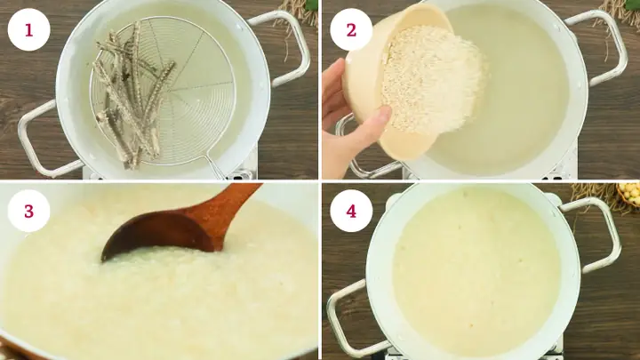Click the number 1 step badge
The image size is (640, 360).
pyautogui.click(x=28, y=29)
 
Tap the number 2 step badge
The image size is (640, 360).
pyautogui.click(x=350, y=29)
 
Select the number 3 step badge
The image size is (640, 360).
pyautogui.click(x=28, y=212)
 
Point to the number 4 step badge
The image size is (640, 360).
pyautogui.click(x=350, y=212)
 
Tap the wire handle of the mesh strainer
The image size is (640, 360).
pyautogui.click(x=213, y=165)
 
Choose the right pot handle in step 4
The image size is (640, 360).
pyautogui.click(x=596, y=231)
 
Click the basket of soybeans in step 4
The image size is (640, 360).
pyautogui.click(x=628, y=193)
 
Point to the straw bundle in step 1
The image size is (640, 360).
pyautogui.click(x=299, y=11)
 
